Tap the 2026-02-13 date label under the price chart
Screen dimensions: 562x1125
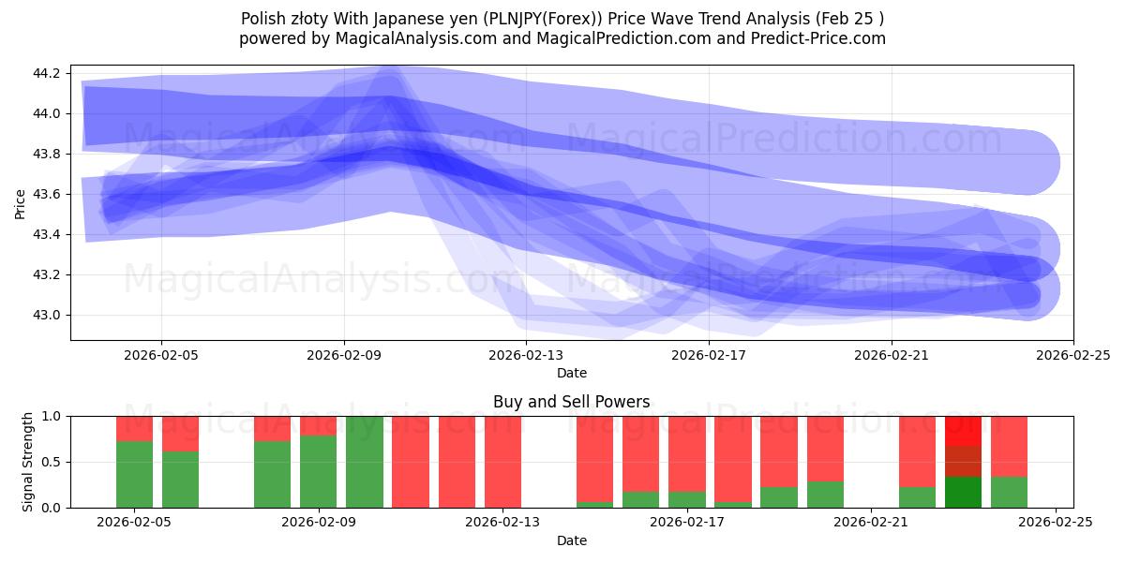(x=526, y=356)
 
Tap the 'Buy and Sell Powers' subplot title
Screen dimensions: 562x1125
(x=571, y=402)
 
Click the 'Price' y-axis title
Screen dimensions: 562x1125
(x=21, y=202)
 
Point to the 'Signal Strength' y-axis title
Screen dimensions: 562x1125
(x=28, y=462)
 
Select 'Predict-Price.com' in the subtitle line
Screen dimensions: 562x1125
(x=817, y=38)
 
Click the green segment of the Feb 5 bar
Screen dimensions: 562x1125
(x=134, y=474)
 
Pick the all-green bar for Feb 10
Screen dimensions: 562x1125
(x=365, y=462)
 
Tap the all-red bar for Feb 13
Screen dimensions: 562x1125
(x=502, y=462)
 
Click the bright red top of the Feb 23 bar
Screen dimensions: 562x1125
(x=963, y=430)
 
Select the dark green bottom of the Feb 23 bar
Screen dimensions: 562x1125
(x=963, y=492)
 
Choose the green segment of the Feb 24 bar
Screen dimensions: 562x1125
(x=1009, y=492)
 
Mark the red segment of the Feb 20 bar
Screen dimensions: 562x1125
(x=825, y=448)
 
